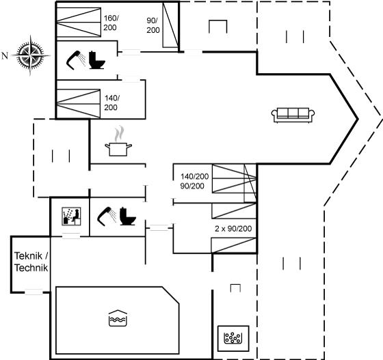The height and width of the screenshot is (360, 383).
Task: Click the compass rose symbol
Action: click(30, 55)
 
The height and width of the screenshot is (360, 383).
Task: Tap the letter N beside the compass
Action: click(5, 56)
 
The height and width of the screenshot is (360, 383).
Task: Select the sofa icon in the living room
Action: click(293, 115)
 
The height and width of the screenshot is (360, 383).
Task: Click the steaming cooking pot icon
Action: click(118, 141)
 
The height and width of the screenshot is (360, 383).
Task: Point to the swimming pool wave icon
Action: click(118, 318)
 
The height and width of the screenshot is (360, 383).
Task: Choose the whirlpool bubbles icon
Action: click(233, 338)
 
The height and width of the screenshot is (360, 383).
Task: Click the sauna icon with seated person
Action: click(71, 217)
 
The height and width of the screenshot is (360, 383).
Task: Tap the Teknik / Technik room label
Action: click(31, 262)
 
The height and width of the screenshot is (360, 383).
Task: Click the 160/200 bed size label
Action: click(111, 23)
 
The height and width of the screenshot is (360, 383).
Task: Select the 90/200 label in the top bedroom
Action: click(153, 25)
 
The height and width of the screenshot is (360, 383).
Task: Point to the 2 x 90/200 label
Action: click(233, 229)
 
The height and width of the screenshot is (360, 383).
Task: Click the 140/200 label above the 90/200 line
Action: click(195, 176)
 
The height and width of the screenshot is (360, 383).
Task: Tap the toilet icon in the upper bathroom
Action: click(97, 60)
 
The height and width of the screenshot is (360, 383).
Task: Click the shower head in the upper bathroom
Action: click(75, 60)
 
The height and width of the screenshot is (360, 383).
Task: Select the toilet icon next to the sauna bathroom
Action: click(128, 216)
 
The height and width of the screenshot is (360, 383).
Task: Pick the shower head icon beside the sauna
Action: click(107, 216)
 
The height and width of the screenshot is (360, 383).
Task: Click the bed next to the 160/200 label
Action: click(79, 23)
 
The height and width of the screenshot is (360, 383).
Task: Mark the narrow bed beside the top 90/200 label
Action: click(170, 25)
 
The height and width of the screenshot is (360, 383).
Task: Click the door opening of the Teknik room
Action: click(34, 292)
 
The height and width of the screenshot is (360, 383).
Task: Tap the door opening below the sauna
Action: click(71, 236)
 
